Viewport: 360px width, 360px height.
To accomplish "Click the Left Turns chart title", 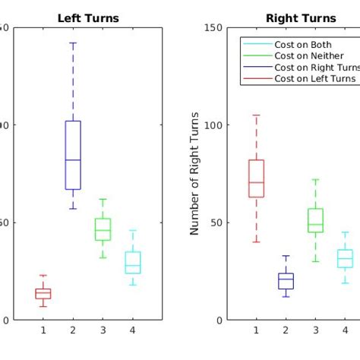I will click(88, 18).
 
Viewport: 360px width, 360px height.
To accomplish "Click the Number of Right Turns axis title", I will click(196, 173).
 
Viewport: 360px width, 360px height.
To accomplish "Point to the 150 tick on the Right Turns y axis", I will click(214, 28).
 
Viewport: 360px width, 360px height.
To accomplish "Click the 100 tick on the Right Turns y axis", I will click(214, 125).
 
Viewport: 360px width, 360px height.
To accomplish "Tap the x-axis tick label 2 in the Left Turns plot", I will click(73, 330).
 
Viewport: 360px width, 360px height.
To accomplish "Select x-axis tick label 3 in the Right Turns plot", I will click(315, 330).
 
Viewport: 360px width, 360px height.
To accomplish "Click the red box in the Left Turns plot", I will click(43, 293).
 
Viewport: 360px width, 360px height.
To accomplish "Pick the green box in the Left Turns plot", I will click(103, 229).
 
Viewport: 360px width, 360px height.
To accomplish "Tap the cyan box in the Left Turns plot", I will click(132, 262).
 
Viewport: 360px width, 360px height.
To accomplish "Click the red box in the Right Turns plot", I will click(256, 178).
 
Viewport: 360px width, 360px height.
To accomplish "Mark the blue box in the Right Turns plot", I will click(286, 281).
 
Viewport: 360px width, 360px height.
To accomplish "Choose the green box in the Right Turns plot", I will click(315, 220).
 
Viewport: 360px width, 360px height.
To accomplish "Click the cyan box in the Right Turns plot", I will click(345, 258).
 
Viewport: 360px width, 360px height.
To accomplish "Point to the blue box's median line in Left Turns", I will click(73, 159).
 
